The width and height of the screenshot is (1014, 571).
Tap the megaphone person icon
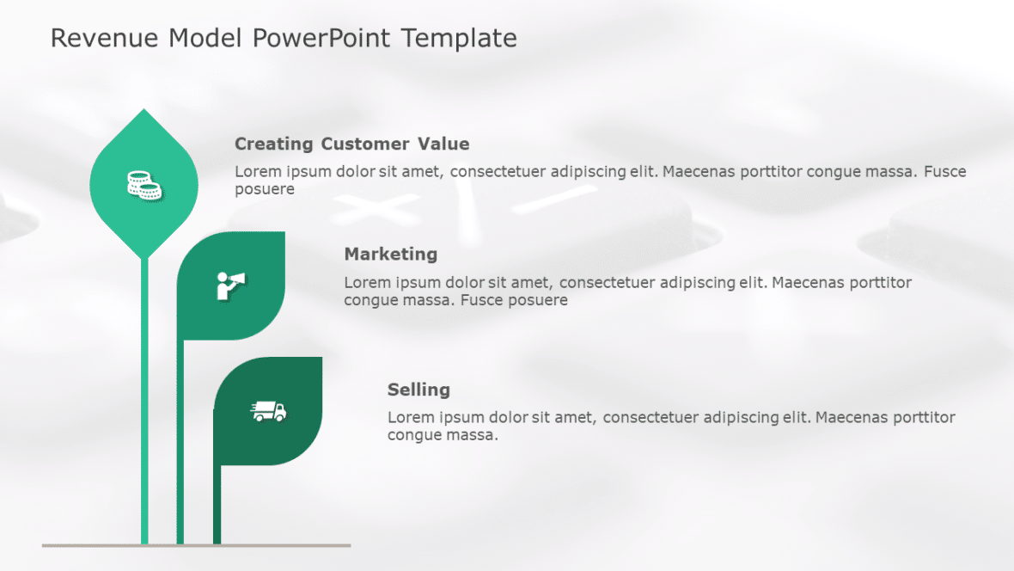tap(230, 285)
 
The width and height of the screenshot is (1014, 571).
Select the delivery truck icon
tap(269, 412)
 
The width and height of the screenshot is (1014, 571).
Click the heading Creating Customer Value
tap(351, 144)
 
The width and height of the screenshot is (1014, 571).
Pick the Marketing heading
tap(390, 254)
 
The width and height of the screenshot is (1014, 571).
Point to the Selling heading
tap(418, 390)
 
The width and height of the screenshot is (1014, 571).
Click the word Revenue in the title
tap(105, 38)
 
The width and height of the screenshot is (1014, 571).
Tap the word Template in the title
tap(459, 38)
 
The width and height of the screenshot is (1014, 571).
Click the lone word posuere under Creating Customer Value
tap(264, 189)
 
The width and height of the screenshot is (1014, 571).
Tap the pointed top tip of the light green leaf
tap(144, 111)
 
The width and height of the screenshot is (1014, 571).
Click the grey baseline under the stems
tap(196, 545)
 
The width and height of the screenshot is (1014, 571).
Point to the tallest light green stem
tap(144, 396)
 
